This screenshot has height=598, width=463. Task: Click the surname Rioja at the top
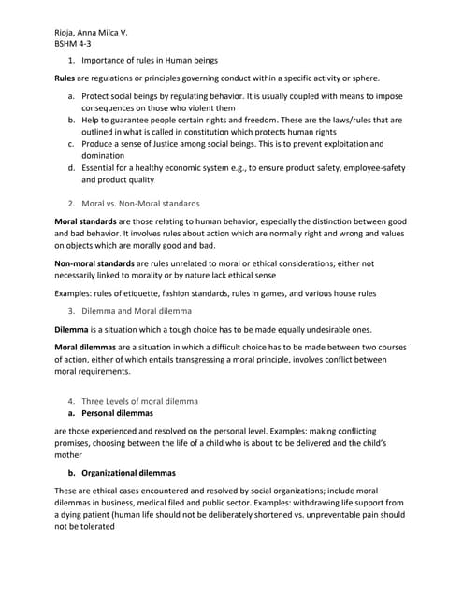click(x=70, y=32)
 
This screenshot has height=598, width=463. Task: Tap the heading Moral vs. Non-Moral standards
click(x=140, y=203)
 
